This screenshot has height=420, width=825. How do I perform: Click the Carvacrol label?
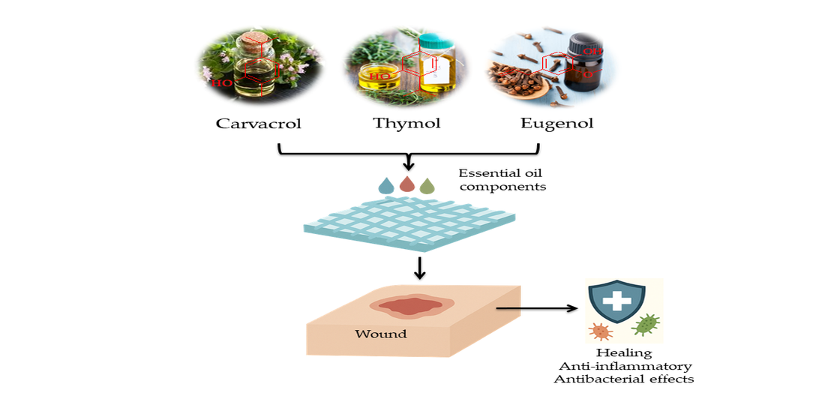[258, 123]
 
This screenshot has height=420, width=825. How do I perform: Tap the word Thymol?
[406, 123]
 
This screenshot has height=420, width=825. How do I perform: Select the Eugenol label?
[556, 123]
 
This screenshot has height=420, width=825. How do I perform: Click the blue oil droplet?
[387, 186]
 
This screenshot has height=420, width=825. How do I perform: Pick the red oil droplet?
[407, 184]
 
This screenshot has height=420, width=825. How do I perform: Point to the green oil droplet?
[427, 186]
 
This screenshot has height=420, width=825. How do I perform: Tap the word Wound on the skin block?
[382, 333]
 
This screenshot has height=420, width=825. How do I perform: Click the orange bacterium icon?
[601, 331]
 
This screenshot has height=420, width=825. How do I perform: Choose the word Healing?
[624, 352]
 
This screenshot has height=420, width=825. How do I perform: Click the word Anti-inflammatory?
[625, 366]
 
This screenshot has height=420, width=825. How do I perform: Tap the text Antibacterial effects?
[624, 379]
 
